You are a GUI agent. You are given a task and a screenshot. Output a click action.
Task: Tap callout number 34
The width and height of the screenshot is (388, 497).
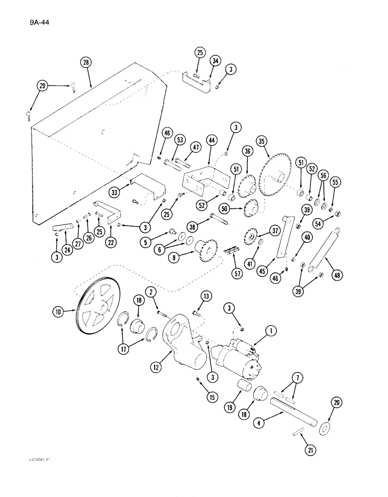(x=215, y=61)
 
